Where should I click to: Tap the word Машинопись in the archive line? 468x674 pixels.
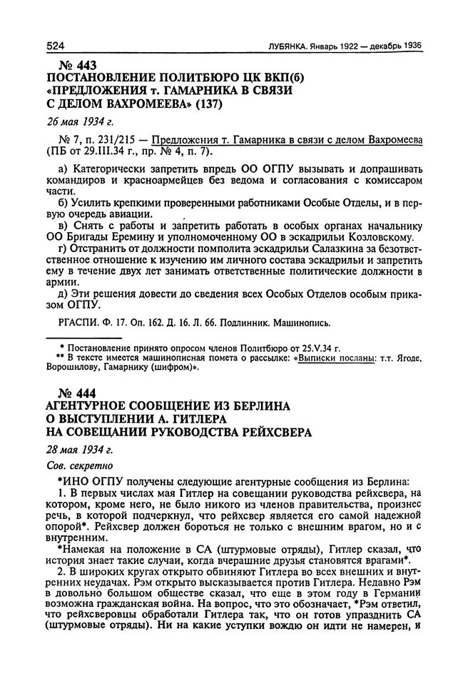point(303,323)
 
